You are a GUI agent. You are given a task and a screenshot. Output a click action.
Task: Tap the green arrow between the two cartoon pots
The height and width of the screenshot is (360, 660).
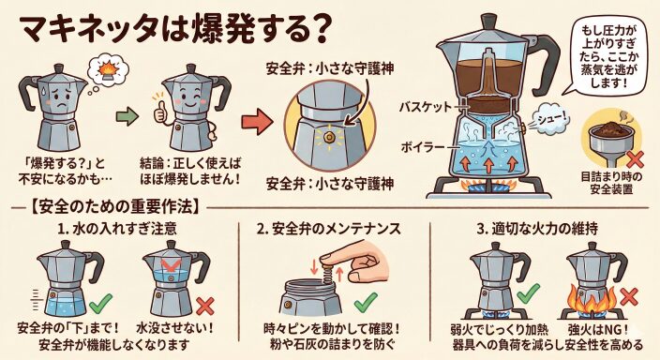click(x=127, y=116)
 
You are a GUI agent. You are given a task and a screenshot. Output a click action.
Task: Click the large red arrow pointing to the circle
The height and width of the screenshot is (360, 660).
click(x=257, y=122)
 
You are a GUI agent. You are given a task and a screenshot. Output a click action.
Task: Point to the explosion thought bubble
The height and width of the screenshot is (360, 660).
click(x=108, y=70)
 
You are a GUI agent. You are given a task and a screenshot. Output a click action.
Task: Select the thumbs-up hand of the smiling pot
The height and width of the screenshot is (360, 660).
click(x=159, y=111)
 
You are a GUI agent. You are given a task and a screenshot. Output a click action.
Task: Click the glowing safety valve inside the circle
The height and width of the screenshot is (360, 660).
click(x=329, y=136)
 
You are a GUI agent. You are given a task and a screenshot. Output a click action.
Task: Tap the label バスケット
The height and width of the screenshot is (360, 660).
click(x=426, y=107)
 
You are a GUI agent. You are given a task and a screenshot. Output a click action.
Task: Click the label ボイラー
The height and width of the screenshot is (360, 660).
click(x=423, y=147)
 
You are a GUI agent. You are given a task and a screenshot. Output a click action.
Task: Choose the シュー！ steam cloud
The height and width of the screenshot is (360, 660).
click(x=548, y=119)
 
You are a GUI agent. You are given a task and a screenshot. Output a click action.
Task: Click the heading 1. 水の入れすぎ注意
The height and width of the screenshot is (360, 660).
click(x=117, y=229)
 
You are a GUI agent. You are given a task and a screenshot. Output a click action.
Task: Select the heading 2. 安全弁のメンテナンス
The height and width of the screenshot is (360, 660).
click(x=328, y=229)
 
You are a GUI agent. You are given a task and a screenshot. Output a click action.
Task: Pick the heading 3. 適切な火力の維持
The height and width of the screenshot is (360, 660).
click(x=537, y=229)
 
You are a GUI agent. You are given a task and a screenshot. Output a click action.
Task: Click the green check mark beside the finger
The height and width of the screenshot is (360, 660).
click(x=366, y=302)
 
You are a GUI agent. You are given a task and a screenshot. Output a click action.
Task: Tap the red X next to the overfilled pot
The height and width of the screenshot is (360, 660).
click(x=205, y=307)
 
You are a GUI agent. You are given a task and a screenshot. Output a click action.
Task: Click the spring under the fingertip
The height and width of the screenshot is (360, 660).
click(x=327, y=270)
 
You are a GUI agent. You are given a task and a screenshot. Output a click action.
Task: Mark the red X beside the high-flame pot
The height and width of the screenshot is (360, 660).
click(x=629, y=296)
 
